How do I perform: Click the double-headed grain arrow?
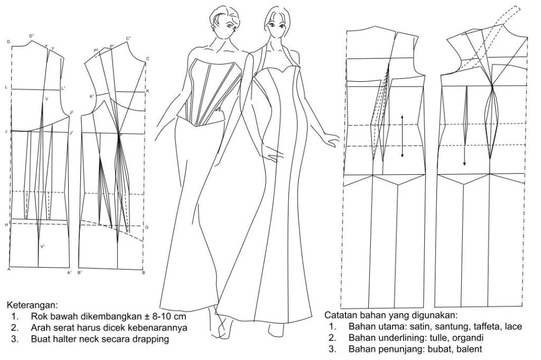click(403, 136)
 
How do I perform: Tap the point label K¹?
click(92, 96)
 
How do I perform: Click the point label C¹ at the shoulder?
click(128, 39)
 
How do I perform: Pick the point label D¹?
click(31, 35)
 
